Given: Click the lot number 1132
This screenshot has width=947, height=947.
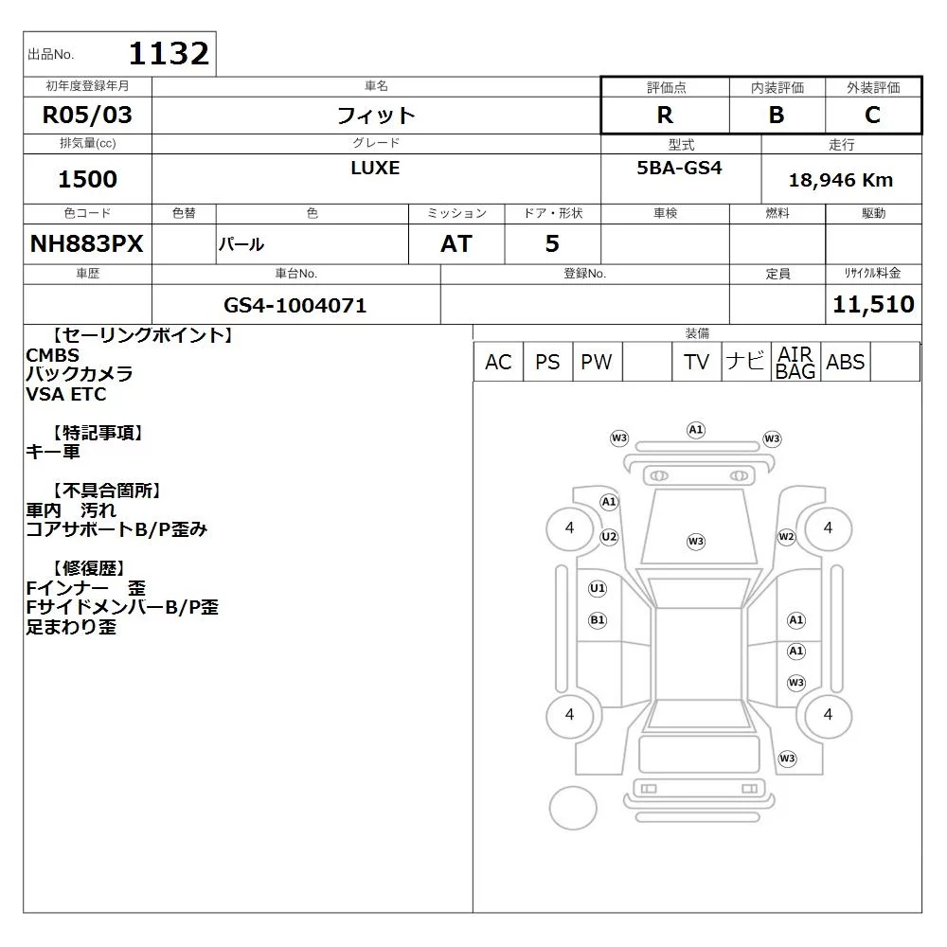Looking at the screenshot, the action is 169,53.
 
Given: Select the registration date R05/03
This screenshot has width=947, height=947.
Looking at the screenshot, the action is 87,115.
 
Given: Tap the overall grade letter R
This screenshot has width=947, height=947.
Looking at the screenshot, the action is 665,115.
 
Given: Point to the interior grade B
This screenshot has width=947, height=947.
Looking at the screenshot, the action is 777,115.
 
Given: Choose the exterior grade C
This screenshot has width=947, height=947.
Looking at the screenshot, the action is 873,115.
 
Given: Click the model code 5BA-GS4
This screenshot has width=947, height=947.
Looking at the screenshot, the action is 679,168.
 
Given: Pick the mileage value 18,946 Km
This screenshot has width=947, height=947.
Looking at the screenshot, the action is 841,180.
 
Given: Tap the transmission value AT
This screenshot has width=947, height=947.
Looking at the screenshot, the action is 456,244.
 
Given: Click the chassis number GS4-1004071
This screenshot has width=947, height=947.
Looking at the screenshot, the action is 295,305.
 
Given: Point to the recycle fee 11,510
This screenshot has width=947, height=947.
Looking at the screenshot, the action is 873,304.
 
